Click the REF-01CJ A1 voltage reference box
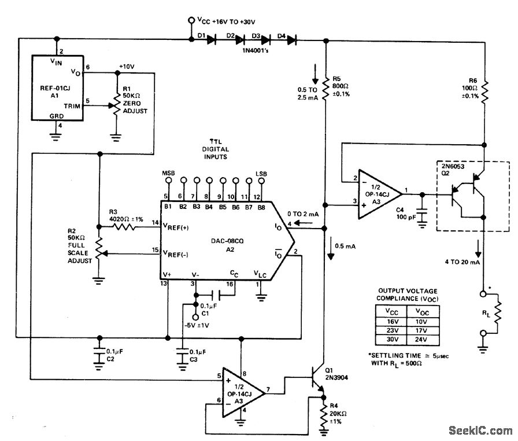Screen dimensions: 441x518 coord(57,88)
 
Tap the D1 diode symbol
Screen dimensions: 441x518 coord(211,40)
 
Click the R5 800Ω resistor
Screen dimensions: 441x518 coord(326,89)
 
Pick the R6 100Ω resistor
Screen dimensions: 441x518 coord(485,90)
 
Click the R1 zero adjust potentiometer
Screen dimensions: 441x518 coord(116,108)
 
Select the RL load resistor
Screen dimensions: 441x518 coord(497,313)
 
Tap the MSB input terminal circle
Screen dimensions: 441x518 coord(168,180)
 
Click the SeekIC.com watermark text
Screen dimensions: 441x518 coord(480,430)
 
